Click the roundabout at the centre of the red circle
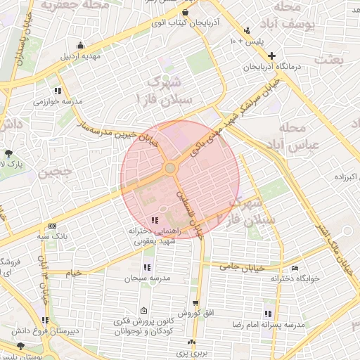pos(170,168)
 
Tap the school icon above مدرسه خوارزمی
pos(57,91)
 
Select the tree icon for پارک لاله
pos(8,153)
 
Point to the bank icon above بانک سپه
pos(52,226)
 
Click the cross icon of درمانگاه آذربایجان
pos(271,56)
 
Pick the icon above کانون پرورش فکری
pos(143,310)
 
